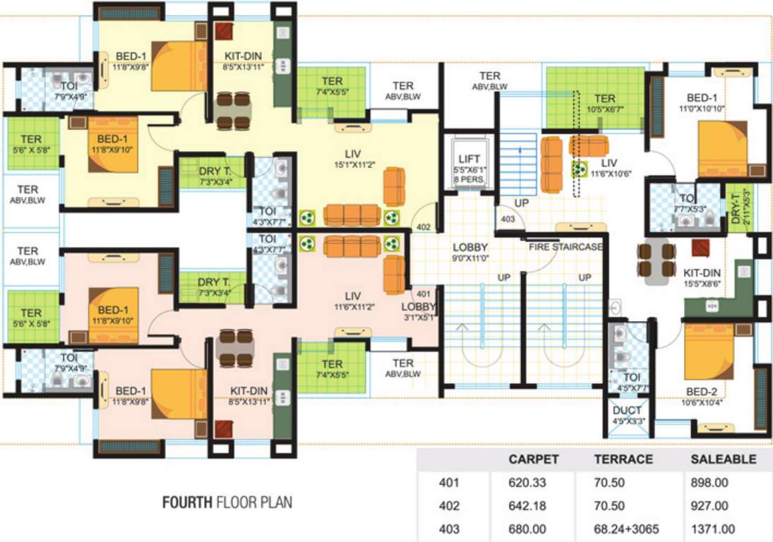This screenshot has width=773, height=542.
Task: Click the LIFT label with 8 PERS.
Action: [x=469, y=169]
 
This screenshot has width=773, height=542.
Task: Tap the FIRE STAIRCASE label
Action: [x=566, y=247]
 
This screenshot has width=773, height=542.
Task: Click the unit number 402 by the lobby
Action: [x=423, y=227]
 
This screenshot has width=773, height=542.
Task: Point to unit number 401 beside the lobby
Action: [x=423, y=293]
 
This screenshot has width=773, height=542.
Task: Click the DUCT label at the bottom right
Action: [x=627, y=416]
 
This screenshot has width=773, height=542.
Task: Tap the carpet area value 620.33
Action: [x=528, y=483]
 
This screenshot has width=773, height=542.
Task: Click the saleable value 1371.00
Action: [x=712, y=529]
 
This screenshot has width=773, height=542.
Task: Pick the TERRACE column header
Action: [x=623, y=459]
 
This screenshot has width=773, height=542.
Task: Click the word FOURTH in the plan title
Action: [x=187, y=503]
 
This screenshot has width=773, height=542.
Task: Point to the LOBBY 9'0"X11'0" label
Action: [x=470, y=253]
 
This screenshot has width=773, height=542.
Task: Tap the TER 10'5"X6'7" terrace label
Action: [x=604, y=104]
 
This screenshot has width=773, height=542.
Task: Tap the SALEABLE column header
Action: [x=722, y=459]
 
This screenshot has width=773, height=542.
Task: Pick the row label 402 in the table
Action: [x=449, y=506]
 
